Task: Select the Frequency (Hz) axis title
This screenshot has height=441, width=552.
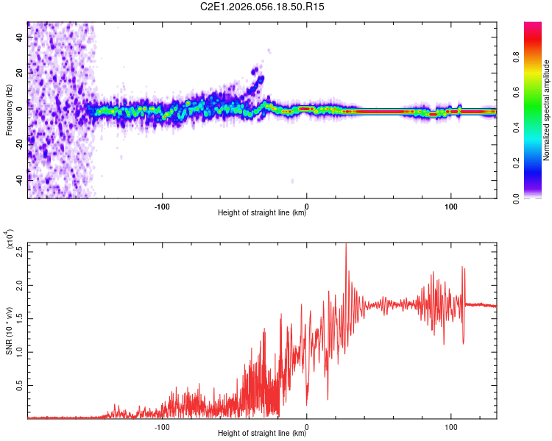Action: click(10, 110)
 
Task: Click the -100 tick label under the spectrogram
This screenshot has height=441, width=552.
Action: click(163, 206)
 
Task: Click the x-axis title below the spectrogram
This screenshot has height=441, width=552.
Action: click(262, 214)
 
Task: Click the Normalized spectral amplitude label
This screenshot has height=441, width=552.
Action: click(547, 110)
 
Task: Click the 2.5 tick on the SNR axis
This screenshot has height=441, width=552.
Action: click(21, 251)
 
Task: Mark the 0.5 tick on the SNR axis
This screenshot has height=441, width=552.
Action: click(21, 384)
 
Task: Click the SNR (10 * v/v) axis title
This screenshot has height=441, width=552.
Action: click(10, 331)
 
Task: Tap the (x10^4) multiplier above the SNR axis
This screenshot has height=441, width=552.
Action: click(10, 240)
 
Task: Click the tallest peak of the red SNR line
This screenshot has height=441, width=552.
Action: click(346, 245)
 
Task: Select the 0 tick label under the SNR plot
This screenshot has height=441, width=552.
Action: click(307, 426)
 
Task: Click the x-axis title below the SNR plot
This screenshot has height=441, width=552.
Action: click(262, 434)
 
